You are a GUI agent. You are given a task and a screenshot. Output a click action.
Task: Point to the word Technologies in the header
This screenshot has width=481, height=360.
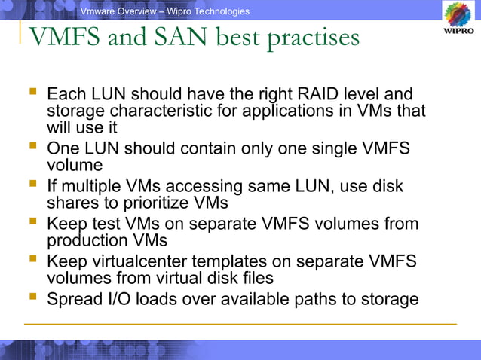coord(219,11)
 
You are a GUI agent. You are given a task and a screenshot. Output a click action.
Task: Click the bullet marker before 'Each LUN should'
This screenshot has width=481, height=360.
coord(32,93)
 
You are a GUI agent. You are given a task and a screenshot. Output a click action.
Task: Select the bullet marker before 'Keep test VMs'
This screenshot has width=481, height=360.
coord(32,223)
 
